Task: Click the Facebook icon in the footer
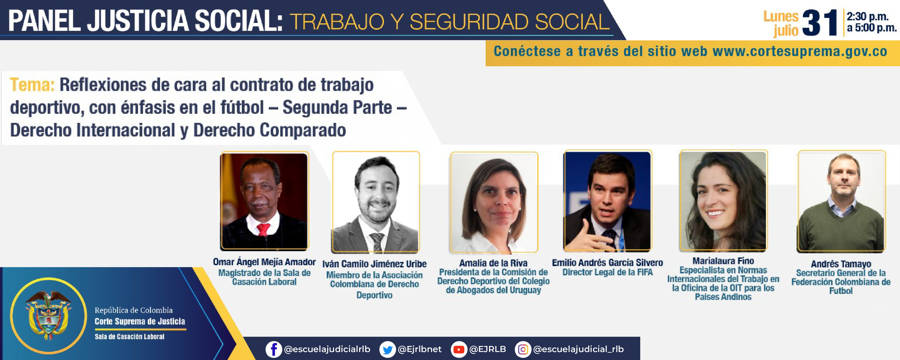(273, 349)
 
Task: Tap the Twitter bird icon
(387, 349)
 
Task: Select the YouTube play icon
(459, 349)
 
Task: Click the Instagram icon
(522, 349)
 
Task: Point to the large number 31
(819, 23)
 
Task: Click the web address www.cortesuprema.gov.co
(800, 51)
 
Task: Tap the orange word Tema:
(32, 85)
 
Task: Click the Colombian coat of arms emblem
(48, 315)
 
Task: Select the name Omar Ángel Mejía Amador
(264, 262)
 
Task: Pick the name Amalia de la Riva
(493, 263)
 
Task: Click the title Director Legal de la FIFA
(607, 272)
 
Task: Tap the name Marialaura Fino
(723, 261)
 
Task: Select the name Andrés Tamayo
(841, 264)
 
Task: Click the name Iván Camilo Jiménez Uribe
(374, 264)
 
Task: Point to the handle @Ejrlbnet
(419, 349)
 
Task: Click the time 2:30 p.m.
(867, 17)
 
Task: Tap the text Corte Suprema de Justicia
(139, 321)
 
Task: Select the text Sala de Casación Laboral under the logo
(129, 337)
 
